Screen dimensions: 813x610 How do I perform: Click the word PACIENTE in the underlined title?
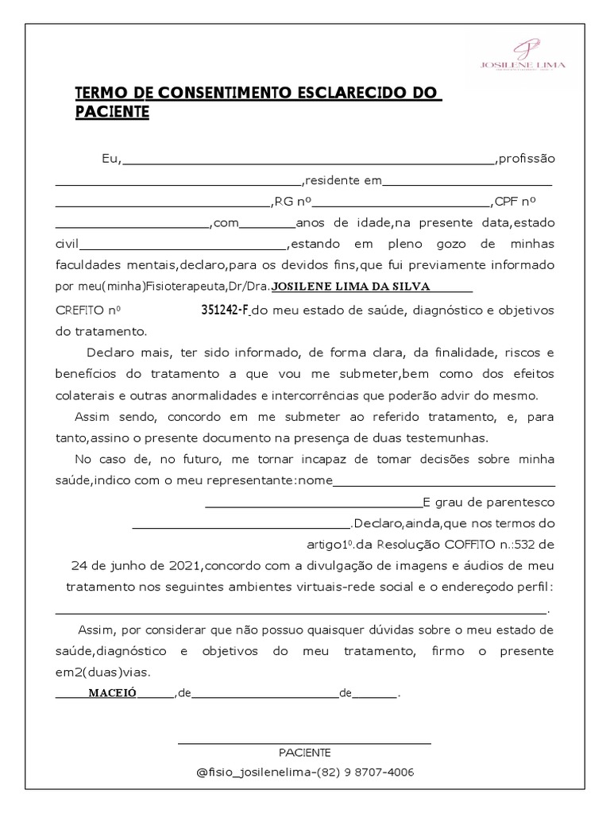112,113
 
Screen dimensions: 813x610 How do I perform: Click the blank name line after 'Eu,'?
308,160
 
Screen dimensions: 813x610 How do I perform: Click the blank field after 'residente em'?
467,181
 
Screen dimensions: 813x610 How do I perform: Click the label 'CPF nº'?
515,202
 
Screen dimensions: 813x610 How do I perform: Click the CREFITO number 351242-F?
225,309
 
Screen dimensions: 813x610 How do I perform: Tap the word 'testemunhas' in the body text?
452,437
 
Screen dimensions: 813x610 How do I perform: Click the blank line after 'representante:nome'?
444,481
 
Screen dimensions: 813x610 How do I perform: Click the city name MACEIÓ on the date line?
112,692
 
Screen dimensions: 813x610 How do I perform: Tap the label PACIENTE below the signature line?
305,753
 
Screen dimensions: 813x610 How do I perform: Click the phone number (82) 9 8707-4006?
365,773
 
